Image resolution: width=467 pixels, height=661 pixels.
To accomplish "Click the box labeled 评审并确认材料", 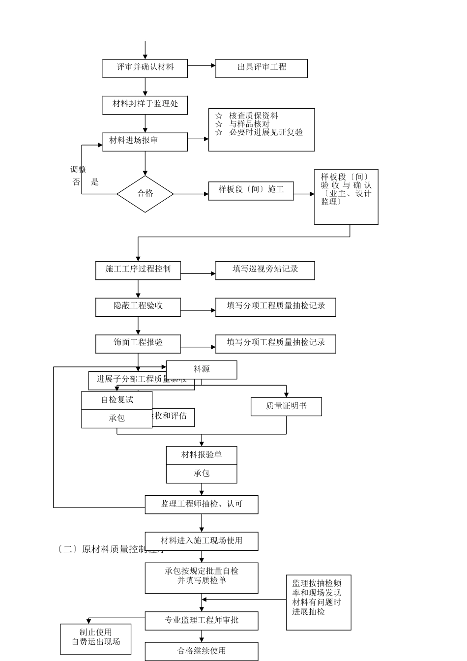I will pyautogui.click(x=145, y=68).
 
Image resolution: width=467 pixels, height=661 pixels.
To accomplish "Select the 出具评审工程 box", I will pyautogui.click(x=261, y=68).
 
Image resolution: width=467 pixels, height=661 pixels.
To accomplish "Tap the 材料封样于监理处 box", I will pyautogui.click(x=145, y=104).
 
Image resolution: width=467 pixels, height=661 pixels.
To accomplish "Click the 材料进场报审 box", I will pyautogui.click(x=145, y=141).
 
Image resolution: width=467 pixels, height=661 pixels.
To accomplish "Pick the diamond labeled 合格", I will pyautogui.click(x=145, y=194).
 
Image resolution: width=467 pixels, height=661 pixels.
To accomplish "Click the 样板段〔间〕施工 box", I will pyautogui.click(x=251, y=190).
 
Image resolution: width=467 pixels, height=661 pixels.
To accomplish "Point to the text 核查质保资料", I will pyautogui.click(x=253, y=116).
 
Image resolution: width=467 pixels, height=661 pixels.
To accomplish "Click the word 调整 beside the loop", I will pyautogui.click(x=78, y=170).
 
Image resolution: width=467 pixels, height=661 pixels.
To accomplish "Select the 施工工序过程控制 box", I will pyautogui.click(x=138, y=270).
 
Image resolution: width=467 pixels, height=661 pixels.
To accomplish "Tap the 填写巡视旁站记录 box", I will pyautogui.click(x=265, y=270).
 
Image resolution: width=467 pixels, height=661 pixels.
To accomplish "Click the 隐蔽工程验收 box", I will pyautogui.click(x=138, y=306).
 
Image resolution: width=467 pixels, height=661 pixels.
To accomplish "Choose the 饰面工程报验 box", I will pyautogui.click(x=138, y=343).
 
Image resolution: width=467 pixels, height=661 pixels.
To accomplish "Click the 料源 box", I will pyautogui.click(x=202, y=369).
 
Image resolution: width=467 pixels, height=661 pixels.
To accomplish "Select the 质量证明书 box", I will pyautogui.click(x=286, y=406).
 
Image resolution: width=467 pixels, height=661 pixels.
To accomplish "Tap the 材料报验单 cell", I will pyautogui.click(x=202, y=455).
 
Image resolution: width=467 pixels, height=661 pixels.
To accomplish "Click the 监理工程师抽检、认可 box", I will pyautogui.click(x=202, y=504).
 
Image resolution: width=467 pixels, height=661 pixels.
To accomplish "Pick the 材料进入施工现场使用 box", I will pyautogui.click(x=202, y=541).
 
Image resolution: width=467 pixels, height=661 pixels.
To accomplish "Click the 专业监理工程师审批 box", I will pyautogui.click(x=202, y=621).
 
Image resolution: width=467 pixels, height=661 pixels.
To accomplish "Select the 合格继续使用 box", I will pyautogui.click(x=202, y=651).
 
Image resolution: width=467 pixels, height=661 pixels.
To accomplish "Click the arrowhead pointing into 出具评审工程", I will pyautogui.click(x=213, y=65).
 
